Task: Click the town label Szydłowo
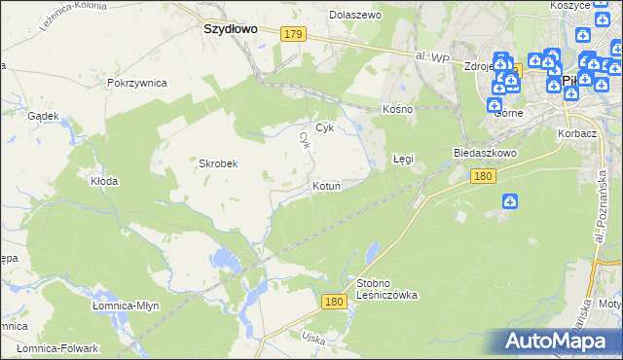point(230,29)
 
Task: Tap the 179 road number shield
point(295,34)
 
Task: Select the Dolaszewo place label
point(355,16)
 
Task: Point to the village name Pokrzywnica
point(137,84)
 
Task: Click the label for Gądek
point(44,115)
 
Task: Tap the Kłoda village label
point(104,181)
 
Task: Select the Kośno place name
point(398,109)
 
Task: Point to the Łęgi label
point(403,158)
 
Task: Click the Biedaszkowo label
point(484,154)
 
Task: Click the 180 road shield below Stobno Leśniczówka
point(335,303)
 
